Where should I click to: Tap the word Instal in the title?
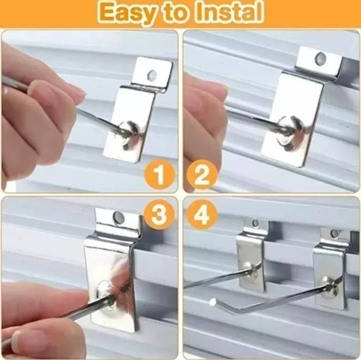click(x=229, y=12)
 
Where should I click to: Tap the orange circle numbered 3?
click(x=159, y=214)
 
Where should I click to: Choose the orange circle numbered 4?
click(x=202, y=214)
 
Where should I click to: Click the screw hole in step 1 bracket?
click(x=152, y=75)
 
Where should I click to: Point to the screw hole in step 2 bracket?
click(x=321, y=58)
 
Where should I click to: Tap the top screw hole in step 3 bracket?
click(x=118, y=216)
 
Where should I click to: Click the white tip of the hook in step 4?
click(x=213, y=301)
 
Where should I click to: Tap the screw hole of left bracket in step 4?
click(x=256, y=224)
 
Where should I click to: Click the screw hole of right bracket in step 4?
click(x=335, y=233)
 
